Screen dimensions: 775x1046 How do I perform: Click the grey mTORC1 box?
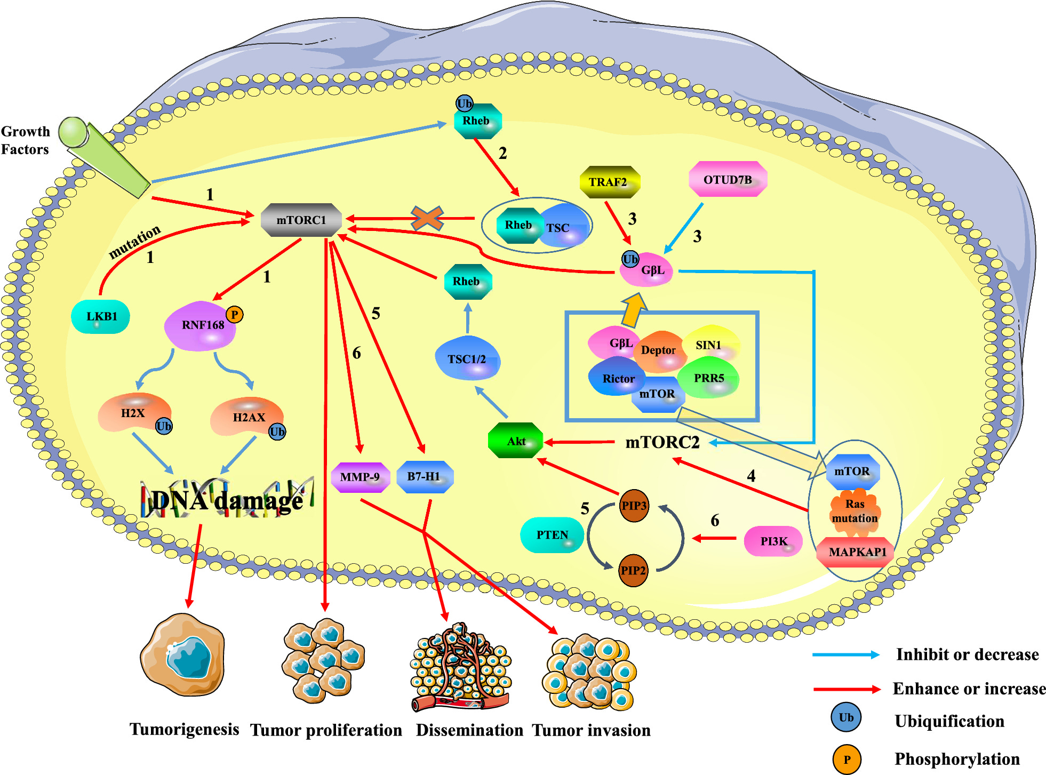(x=301, y=220)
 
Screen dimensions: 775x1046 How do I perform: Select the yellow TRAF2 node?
(x=609, y=182)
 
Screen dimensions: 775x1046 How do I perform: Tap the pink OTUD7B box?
(x=728, y=180)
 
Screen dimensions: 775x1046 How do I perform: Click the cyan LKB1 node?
(x=101, y=316)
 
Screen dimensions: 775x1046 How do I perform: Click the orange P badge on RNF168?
(x=235, y=315)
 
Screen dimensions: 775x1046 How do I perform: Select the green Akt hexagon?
(x=515, y=441)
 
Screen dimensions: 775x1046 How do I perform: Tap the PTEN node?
(x=552, y=535)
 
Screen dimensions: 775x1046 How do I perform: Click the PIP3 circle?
(x=634, y=506)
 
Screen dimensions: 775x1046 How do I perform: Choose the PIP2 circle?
(x=633, y=570)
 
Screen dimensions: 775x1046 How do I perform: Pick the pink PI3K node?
(x=773, y=541)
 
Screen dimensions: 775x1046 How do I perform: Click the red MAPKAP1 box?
(x=857, y=552)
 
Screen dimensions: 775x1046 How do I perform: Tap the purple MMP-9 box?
(x=360, y=477)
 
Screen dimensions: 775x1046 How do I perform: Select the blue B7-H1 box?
(x=425, y=476)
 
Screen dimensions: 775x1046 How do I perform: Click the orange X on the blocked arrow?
(x=427, y=218)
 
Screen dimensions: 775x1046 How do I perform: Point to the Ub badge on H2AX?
(x=277, y=432)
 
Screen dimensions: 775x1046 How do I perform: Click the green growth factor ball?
(x=73, y=132)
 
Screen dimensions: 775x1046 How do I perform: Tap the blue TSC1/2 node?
(x=467, y=359)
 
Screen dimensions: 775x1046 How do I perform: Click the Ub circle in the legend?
(x=846, y=717)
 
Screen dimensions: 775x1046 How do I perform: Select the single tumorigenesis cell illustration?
(x=183, y=655)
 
